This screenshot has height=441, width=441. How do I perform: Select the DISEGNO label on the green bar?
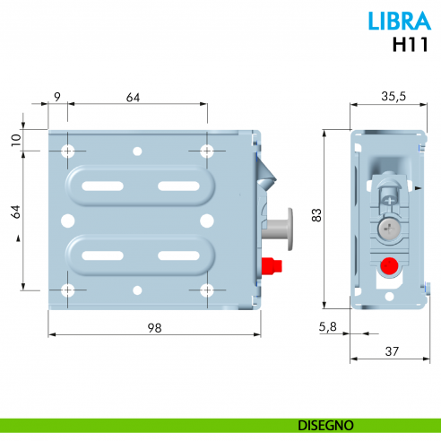pyautogui.click(x=327, y=425)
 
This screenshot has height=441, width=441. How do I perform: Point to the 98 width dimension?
pyautogui.click(x=154, y=328)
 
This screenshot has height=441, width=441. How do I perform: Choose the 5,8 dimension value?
pyautogui.click(x=328, y=328)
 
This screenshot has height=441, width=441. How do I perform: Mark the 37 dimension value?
pyautogui.click(x=387, y=350)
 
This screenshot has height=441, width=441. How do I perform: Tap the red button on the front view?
pyautogui.click(x=267, y=266)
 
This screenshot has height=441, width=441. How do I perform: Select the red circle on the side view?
pyautogui.click(x=387, y=266)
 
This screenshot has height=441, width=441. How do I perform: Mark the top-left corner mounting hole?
pyautogui.click(x=66, y=150)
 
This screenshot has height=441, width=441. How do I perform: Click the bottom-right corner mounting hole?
pyautogui.click(x=206, y=290)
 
